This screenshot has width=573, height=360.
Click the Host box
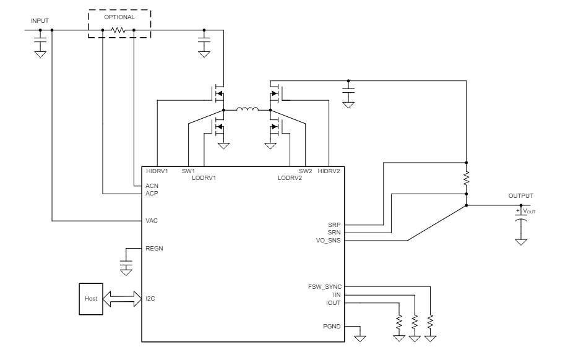92,299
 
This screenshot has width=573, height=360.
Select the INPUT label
40,21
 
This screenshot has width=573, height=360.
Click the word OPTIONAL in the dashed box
119,17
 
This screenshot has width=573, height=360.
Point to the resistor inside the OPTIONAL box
119,30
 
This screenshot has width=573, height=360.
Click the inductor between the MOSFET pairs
247,111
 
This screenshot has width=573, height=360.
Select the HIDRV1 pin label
157,171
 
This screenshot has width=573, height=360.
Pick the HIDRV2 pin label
328,171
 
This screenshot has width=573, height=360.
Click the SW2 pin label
305,171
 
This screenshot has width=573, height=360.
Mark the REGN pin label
155,249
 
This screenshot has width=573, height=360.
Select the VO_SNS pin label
329,241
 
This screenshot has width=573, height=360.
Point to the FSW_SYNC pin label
325,287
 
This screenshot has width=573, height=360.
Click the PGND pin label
331,325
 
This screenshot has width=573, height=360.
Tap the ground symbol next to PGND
359,337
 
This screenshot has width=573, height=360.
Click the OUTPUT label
520,196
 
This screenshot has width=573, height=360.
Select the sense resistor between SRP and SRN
466,179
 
